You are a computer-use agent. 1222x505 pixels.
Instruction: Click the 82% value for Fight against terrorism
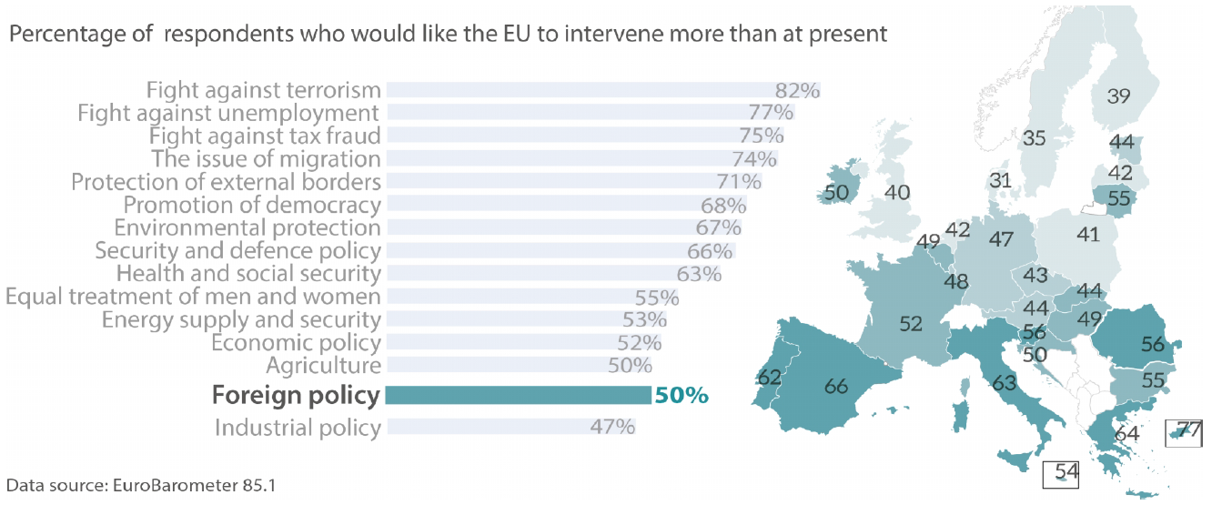(797, 90)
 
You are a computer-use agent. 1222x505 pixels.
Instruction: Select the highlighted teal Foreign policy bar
(518, 395)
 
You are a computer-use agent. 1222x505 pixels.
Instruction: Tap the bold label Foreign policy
(295, 396)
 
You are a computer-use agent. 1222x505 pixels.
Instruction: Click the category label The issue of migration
(265, 159)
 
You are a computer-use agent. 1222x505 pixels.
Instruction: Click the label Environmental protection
(246, 227)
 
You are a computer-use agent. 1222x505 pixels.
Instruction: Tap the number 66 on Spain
(835, 386)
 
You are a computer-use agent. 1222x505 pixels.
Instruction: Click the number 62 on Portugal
(769, 376)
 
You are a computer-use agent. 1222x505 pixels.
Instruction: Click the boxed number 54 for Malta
(1065, 472)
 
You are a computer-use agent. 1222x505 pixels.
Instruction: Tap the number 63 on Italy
(1004, 383)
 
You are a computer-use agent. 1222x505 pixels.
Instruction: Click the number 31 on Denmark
(1001, 180)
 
